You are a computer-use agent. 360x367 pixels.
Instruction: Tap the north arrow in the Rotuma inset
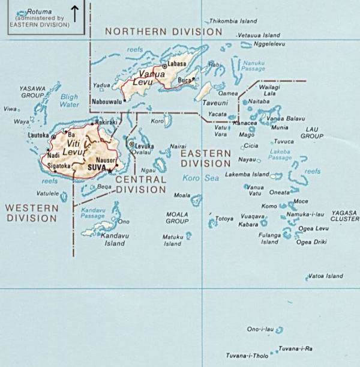coord(75,13)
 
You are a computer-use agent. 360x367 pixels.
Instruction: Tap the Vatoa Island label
coord(325,276)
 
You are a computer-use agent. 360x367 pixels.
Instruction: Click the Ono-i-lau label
coord(260,329)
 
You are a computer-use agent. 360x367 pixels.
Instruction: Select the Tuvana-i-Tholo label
coord(247,356)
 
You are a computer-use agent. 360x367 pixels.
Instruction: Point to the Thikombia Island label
coord(233,21)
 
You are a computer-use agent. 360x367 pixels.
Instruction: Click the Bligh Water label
coord(70,100)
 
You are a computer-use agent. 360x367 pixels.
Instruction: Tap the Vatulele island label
coord(47,193)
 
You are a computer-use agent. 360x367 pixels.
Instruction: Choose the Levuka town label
coord(145,145)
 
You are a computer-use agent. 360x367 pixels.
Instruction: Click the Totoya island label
coord(224,219)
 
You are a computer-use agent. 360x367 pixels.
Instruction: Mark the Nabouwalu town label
coord(107,103)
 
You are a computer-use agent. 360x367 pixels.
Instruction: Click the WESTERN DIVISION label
coord(32,213)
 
